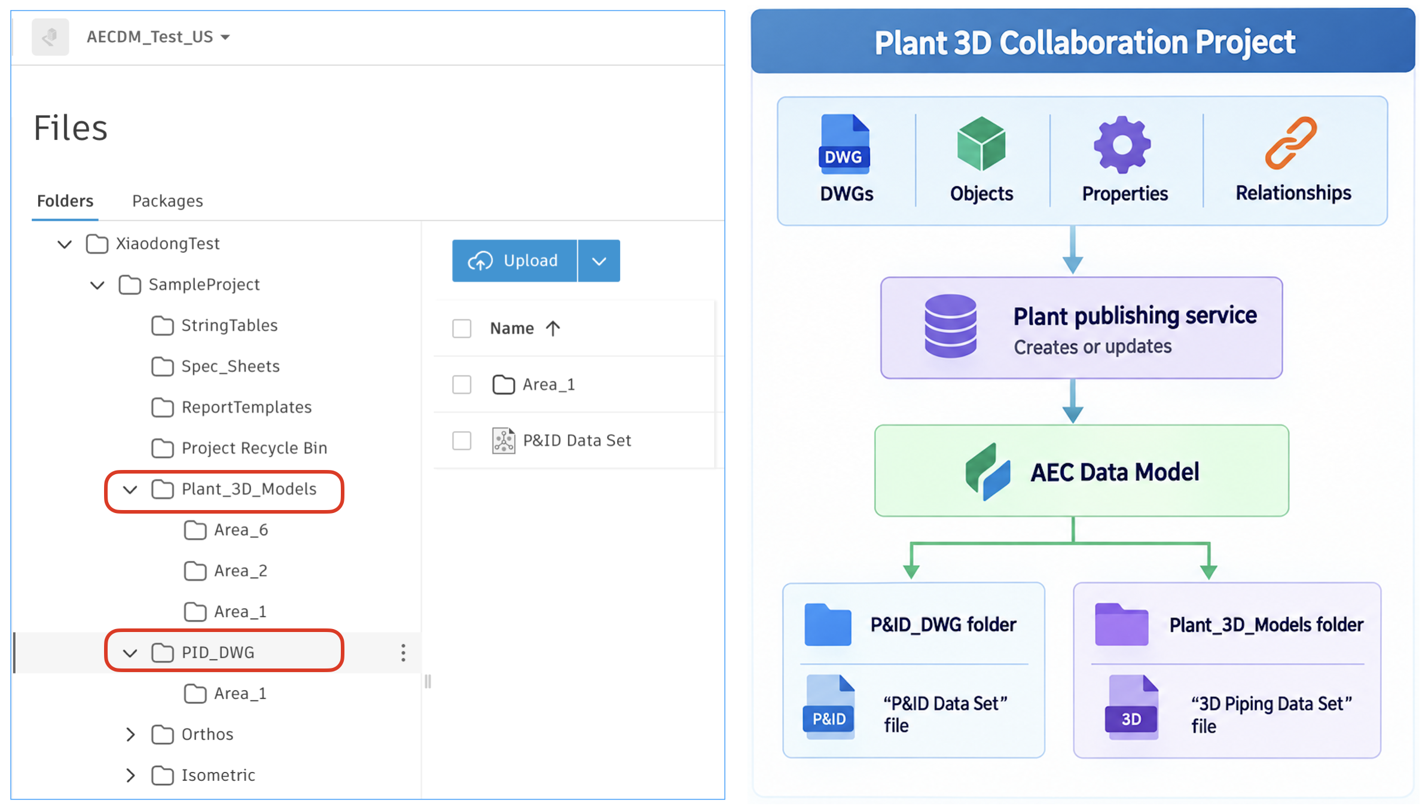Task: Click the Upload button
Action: [514, 261]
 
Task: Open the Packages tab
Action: [167, 201]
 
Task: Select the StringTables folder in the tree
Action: [229, 325]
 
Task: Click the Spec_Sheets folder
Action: [230, 366]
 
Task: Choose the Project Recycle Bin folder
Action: [254, 448]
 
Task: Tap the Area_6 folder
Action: [241, 530]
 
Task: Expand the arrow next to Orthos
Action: [130, 734]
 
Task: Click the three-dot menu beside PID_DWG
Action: [404, 652]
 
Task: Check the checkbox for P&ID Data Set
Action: [462, 441]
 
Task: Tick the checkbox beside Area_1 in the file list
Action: [462, 384]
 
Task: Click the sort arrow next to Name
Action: [553, 328]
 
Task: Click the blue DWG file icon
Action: [844, 144]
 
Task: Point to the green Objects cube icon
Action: [981, 144]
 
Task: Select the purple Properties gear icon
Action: [1122, 144]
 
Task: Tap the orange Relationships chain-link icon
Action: [1291, 143]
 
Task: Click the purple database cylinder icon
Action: [951, 326]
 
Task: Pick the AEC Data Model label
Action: [1115, 472]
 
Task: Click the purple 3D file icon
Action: [1131, 707]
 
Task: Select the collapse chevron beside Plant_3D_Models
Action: [130, 490]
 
